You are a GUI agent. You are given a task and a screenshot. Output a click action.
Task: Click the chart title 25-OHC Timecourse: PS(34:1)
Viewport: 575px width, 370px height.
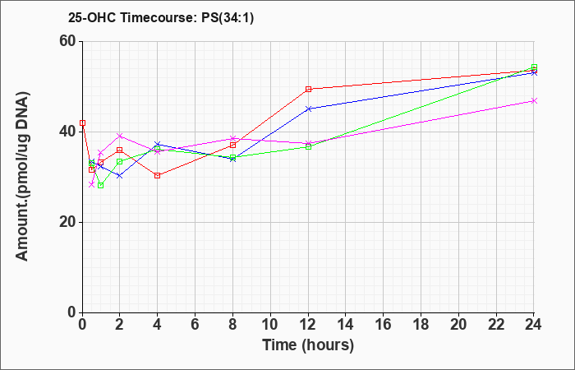point(161,17)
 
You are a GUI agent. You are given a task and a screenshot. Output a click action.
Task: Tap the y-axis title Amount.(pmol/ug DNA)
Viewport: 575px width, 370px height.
point(22,177)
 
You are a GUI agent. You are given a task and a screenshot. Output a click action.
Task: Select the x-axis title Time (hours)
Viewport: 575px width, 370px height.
point(308,345)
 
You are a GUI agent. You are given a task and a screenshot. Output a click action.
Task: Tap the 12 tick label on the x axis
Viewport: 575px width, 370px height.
point(308,325)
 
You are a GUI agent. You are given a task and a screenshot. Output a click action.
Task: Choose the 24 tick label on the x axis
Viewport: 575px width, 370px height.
point(533,325)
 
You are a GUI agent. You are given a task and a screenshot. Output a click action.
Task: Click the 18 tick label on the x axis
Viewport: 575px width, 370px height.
point(421,325)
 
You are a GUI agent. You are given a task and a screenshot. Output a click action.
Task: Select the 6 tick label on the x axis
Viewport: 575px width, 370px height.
point(195,325)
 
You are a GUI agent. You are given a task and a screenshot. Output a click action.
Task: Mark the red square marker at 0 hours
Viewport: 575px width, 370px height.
point(83,123)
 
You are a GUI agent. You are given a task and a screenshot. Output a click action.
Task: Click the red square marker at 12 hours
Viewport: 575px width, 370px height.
point(308,89)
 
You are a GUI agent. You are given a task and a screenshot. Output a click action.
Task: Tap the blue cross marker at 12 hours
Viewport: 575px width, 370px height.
point(308,109)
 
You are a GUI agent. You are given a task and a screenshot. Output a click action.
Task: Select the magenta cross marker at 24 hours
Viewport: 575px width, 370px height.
point(534,100)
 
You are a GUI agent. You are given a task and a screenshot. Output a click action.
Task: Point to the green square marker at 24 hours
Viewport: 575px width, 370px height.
point(534,67)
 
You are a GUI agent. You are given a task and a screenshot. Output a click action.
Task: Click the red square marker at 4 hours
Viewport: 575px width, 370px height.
point(158,175)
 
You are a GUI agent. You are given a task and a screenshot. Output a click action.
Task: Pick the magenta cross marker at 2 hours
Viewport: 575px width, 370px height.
point(120,136)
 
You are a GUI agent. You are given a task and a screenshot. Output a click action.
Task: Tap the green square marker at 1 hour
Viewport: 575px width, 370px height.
point(101,185)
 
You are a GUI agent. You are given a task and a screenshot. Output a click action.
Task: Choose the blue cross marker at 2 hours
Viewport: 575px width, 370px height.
point(120,176)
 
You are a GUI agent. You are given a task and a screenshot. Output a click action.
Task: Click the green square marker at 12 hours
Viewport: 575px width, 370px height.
point(308,147)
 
